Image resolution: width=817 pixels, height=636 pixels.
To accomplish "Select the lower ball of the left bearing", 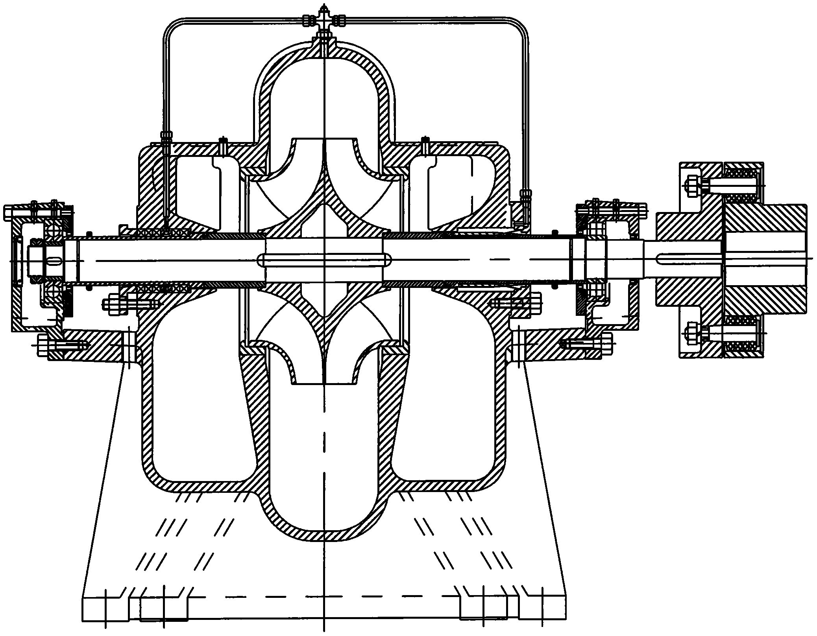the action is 52,292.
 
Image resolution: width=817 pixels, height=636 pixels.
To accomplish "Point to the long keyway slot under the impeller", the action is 324,260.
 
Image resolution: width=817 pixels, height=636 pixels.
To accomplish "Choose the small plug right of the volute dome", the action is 424,146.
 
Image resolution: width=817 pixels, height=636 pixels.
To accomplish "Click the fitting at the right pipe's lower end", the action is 525,194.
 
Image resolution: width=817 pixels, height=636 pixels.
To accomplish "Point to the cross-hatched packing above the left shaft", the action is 161,232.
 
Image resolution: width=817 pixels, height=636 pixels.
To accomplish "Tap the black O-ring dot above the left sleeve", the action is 90,232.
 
